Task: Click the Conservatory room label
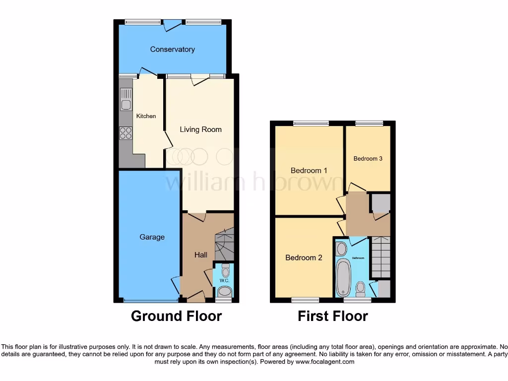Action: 172,50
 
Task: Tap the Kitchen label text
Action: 146,116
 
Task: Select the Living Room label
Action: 200,129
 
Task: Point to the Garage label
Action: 152,237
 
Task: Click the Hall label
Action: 201,255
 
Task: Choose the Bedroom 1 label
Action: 309,171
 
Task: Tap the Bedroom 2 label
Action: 304,258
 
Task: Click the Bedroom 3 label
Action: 368,159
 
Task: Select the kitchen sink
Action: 126,105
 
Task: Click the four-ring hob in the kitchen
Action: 126,133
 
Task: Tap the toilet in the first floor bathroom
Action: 361,287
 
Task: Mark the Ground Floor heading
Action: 176,316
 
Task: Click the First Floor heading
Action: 333,316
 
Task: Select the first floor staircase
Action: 381,256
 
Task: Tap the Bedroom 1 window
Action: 311,124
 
